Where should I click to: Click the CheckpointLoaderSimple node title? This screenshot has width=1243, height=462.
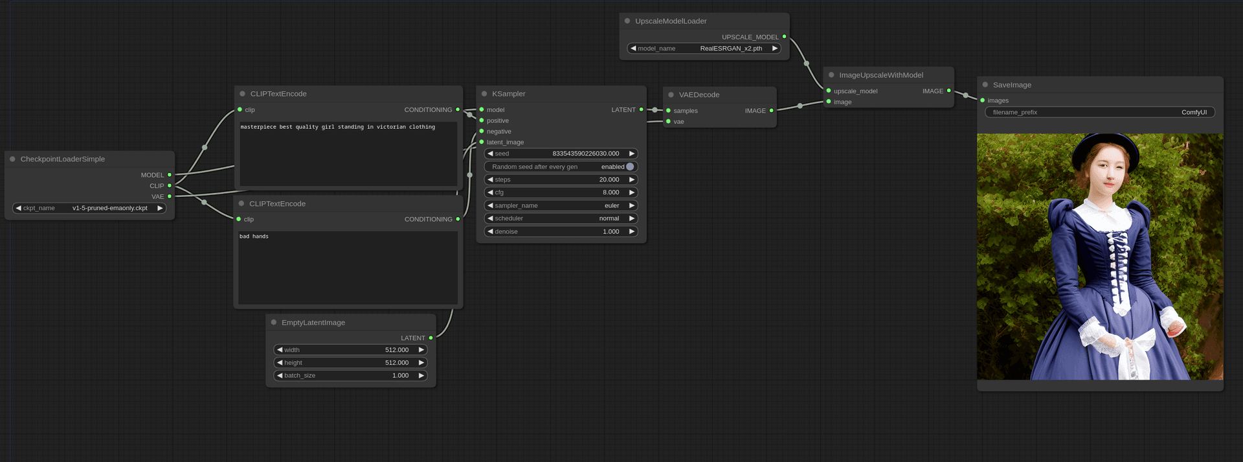(x=63, y=159)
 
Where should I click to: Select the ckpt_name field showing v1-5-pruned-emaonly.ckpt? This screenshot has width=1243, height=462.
(x=89, y=208)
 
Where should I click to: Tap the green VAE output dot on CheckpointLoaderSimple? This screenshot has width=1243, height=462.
(x=170, y=196)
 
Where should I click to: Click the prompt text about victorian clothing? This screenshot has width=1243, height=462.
(x=337, y=127)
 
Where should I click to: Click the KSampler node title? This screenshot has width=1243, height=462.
(x=508, y=94)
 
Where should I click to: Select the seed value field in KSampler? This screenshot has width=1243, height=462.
(x=561, y=154)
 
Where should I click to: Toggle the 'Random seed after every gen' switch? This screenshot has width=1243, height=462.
(x=629, y=167)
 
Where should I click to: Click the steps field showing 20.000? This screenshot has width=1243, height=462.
(x=561, y=179)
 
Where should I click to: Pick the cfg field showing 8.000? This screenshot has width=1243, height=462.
(x=561, y=192)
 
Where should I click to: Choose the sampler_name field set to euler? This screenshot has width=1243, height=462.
(x=561, y=205)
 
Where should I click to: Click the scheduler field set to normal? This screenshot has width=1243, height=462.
(x=561, y=218)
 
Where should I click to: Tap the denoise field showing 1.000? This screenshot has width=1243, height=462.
(x=561, y=231)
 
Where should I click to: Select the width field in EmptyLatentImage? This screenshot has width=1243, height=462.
(x=350, y=350)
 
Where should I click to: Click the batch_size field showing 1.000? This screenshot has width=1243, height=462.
(x=350, y=376)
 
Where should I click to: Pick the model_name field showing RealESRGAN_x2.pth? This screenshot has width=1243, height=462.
(x=704, y=49)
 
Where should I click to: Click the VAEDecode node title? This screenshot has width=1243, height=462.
(x=699, y=95)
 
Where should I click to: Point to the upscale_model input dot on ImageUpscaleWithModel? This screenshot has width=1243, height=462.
(x=829, y=91)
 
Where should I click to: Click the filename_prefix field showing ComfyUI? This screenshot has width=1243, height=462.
(x=1099, y=112)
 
